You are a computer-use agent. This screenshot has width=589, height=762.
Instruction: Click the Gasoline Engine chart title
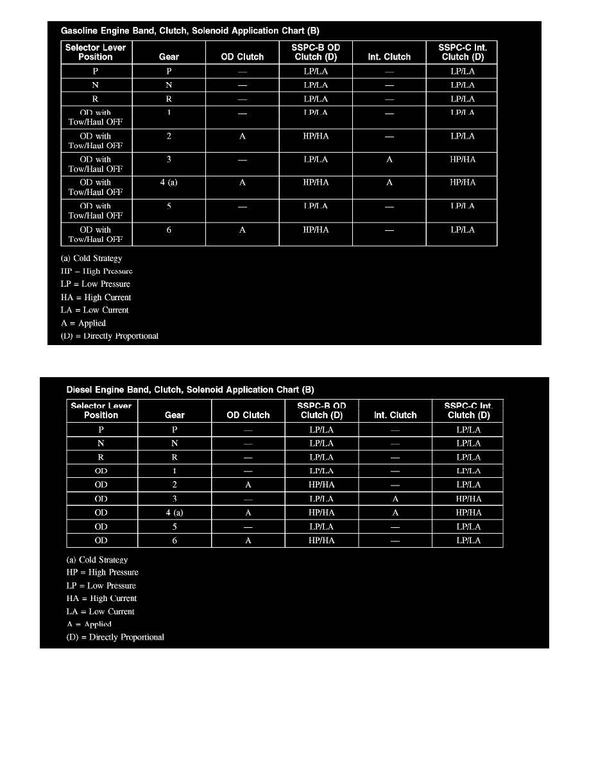click(190, 30)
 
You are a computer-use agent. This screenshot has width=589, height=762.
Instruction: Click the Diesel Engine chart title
click(191, 389)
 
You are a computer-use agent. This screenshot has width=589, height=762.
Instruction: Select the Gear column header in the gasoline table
click(169, 56)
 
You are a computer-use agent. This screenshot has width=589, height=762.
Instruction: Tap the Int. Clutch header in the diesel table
click(395, 415)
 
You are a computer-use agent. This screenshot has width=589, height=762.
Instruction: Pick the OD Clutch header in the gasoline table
click(242, 56)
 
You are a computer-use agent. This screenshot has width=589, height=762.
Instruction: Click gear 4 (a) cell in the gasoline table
click(169, 183)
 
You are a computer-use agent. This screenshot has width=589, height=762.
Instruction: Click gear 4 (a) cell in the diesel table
click(175, 512)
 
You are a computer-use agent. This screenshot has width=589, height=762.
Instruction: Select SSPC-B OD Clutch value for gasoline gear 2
click(316, 136)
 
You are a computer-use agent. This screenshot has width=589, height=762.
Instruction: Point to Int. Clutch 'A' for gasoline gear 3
click(389, 160)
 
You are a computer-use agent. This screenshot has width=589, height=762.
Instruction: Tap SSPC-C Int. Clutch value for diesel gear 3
click(468, 498)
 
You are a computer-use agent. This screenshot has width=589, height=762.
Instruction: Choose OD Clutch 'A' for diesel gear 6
click(248, 541)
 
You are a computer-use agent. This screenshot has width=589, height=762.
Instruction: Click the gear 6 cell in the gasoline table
click(169, 230)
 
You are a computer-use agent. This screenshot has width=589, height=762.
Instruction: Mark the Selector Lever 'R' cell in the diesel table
click(101, 457)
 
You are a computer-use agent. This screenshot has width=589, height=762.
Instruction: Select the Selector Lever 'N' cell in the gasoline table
click(95, 85)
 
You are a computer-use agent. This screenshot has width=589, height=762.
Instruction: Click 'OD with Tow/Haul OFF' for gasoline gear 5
click(96, 211)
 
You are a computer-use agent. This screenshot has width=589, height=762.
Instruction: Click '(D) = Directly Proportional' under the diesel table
click(115, 637)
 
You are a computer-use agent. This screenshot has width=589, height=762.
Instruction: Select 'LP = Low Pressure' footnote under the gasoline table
click(96, 284)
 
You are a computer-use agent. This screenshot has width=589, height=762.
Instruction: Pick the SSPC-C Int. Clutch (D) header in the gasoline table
click(461, 52)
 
